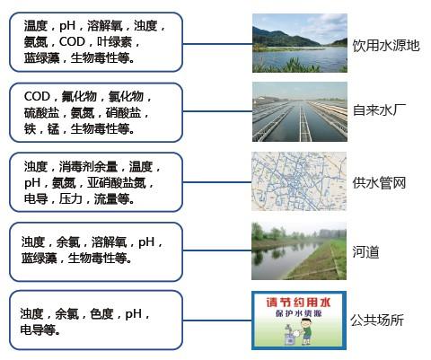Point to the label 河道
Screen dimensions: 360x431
366,252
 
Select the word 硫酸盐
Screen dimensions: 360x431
44,112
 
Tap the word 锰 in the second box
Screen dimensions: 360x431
60,128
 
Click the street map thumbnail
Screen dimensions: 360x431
298,182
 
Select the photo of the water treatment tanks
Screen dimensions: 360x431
298,111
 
